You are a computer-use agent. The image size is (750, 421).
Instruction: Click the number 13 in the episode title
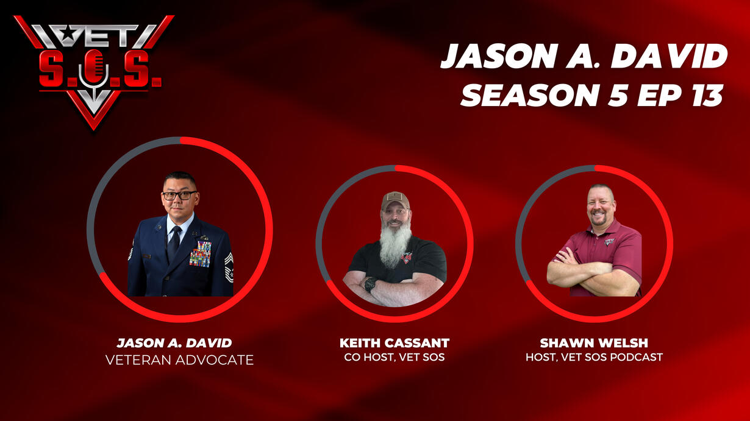pyautogui.click(x=707, y=96)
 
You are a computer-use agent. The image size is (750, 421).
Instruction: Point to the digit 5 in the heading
pyautogui.click(x=618, y=96)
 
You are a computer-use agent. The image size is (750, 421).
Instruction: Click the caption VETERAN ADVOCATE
pyautogui.click(x=179, y=360)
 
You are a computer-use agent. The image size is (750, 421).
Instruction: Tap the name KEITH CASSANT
pyautogui.click(x=395, y=343)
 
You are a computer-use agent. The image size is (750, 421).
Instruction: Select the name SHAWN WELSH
pyautogui.click(x=594, y=343)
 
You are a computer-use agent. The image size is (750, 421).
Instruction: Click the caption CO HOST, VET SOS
pyautogui.click(x=395, y=358)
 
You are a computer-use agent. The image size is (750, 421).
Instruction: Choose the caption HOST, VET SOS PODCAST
pyautogui.click(x=594, y=358)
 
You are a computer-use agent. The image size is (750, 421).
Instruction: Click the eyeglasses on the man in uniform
pyautogui.click(x=179, y=195)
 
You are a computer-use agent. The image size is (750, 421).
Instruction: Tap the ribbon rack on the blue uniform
pyautogui.click(x=200, y=253)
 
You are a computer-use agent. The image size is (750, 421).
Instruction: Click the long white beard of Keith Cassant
pyautogui.click(x=395, y=244)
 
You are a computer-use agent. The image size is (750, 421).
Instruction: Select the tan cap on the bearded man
pyautogui.click(x=395, y=200)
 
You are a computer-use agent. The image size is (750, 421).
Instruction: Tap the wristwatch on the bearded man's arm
pyautogui.click(x=371, y=284)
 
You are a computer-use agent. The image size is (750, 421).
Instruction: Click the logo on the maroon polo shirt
pyautogui.click(x=609, y=242)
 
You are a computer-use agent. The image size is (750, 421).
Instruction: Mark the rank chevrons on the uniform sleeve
pyautogui.click(x=229, y=267)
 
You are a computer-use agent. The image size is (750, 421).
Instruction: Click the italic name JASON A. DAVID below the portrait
pyautogui.click(x=174, y=343)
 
